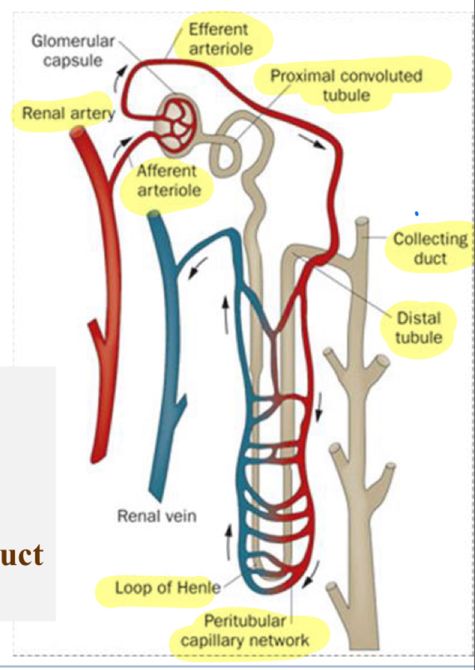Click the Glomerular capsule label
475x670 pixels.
[73, 51]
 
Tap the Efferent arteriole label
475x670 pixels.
[220, 39]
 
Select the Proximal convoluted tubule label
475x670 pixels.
[346, 85]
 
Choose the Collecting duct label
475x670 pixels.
[430, 248]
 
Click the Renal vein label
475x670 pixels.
[157, 516]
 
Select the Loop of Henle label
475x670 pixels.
[167, 587]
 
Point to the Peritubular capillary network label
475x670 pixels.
[245, 630]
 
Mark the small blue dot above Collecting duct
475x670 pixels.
[417, 214]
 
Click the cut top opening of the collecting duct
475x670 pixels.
[362, 221]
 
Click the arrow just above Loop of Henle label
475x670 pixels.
[229, 541]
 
